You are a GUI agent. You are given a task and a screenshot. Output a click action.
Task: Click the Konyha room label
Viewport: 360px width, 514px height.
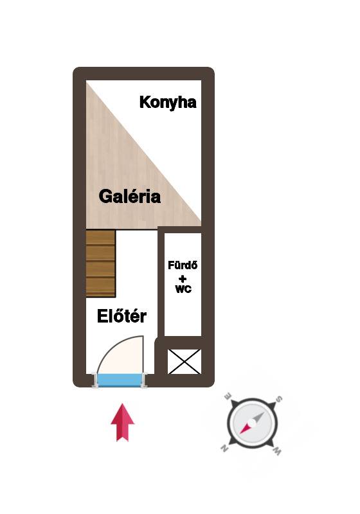(x=168, y=103)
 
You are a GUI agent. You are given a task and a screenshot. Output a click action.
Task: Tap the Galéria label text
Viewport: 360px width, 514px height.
(x=129, y=197)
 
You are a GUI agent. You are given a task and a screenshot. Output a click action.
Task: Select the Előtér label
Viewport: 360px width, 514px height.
(x=122, y=316)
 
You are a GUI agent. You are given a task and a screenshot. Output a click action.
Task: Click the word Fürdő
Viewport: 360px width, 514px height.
(x=183, y=265)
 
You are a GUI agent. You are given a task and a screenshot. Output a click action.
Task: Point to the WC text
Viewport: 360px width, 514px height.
(x=183, y=289)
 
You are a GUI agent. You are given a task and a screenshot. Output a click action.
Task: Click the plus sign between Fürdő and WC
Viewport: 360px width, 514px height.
(x=183, y=279)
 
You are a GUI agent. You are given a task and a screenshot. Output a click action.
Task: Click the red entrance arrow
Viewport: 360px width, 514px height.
(x=123, y=422)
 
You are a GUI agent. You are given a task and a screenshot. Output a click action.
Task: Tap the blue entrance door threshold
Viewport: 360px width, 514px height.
(x=120, y=380)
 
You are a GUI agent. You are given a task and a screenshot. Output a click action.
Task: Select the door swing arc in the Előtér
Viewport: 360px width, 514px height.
(x=115, y=344)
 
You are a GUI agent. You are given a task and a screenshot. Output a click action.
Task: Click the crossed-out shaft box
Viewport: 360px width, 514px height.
(x=184, y=362)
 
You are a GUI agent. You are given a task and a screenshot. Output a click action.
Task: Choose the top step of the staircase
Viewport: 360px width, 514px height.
(x=100, y=238)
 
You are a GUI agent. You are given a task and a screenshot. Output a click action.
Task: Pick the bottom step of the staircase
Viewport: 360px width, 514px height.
(x=100, y=287)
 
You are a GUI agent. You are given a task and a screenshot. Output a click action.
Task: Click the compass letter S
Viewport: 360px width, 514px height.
(x=279, y=399)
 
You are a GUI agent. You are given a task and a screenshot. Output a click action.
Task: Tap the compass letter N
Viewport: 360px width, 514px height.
(x=224, y=448)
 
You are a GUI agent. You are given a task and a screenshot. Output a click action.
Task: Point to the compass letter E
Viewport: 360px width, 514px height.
(x=227, y=396)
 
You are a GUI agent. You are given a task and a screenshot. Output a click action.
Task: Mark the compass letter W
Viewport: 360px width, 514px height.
(x=276, y=452)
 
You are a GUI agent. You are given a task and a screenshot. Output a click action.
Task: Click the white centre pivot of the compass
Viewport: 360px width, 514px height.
(x=252, y=423)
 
